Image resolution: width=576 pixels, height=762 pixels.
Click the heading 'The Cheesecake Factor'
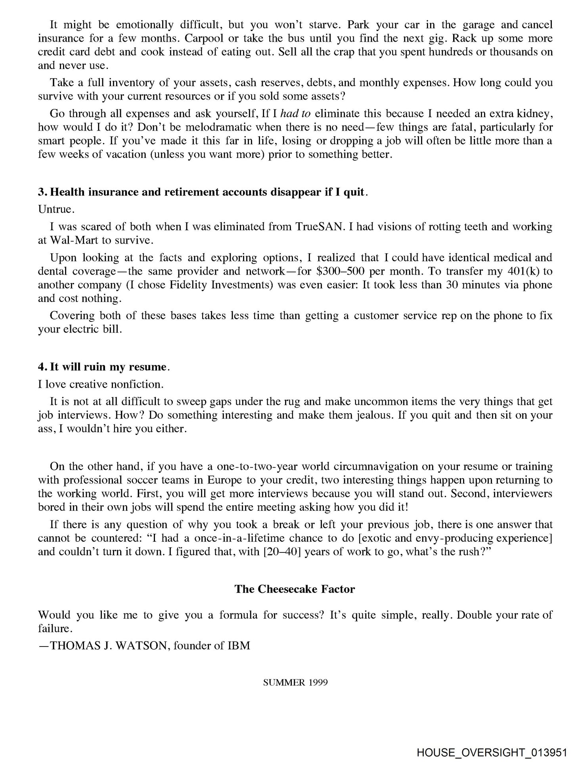pyautogui.click(x=295, y=589)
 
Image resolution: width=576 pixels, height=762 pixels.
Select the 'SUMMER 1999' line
pyautogui.click(x=295, y=683)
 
